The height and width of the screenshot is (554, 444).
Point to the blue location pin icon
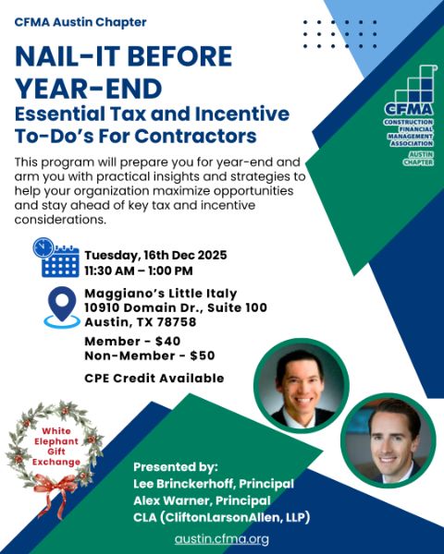point(62,307)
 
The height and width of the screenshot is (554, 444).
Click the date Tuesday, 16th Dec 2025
point(155,255)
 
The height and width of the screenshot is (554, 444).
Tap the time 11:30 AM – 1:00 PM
point(139,271)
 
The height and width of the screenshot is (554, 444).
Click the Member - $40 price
point(132,342)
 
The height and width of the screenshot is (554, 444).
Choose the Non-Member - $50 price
point(149,355)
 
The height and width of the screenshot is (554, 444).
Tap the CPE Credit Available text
point(154,378)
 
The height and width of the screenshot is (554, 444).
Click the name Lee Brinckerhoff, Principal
point(214,484)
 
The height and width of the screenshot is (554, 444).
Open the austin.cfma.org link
point(222,538)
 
